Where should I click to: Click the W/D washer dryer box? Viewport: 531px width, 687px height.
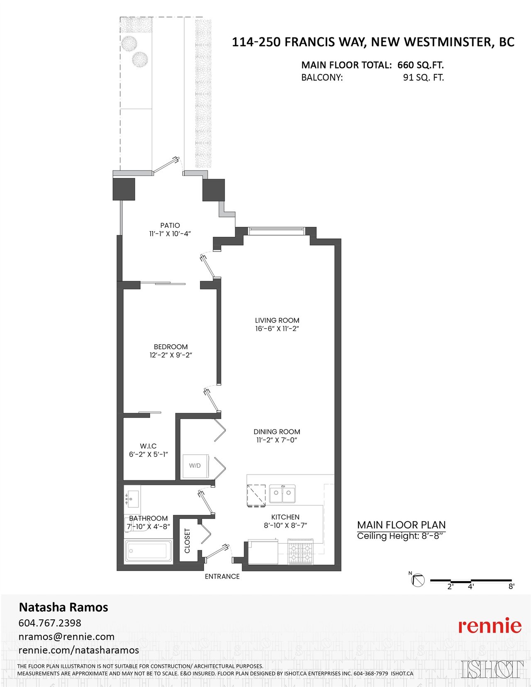[195, 466]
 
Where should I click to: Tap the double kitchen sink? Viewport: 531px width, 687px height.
[282, 494]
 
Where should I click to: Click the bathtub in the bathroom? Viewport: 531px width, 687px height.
[148, 551]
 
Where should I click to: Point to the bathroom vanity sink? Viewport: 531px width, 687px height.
[132, 499]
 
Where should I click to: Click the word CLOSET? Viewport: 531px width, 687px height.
[187, 541]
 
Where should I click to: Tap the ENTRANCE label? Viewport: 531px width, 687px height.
[222, 576]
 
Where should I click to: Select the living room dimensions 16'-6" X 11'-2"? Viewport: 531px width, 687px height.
[277, 329]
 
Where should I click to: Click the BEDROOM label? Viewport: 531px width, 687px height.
[171, 347]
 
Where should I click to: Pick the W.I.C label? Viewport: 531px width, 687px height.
[148, 446]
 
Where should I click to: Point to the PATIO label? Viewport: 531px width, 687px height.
[170, 225]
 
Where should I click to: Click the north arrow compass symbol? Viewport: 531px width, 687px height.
[417, 580]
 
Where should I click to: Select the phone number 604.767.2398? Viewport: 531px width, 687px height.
[50, 623]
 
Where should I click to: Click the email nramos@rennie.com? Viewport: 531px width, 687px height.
[66, 636]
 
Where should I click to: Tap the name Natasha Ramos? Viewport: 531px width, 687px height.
[63, 607]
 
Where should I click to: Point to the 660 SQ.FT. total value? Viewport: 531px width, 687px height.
[420, 65]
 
